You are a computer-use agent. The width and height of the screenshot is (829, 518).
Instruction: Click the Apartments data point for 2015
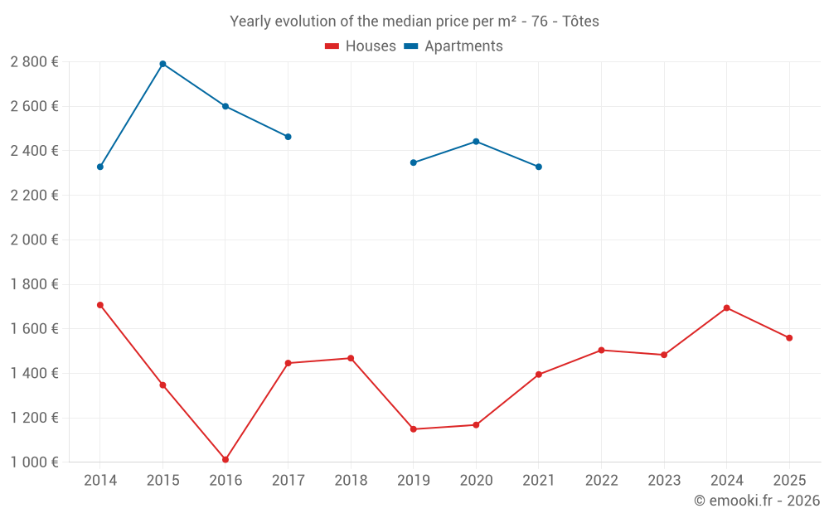point(162,64)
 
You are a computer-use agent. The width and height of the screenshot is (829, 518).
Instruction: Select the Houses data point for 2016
point(225,459)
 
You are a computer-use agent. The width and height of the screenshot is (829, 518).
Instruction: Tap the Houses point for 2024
point(726,307)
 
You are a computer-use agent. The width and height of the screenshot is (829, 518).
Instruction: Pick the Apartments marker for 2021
point(539,167)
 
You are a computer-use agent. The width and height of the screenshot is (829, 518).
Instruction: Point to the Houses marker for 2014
point(100,305)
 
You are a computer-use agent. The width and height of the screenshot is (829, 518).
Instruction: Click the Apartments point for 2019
point(414,162)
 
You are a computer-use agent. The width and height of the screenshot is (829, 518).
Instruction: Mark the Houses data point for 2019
point(414,429)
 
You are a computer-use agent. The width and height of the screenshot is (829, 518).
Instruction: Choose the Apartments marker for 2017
point(288,137)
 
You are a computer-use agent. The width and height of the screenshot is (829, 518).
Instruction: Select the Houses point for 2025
point(789,338)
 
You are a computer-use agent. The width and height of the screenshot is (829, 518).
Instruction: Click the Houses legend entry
point(361,46)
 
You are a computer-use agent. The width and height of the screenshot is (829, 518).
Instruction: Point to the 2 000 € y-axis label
point(34,240)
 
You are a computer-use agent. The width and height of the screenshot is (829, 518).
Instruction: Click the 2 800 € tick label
point(34,61)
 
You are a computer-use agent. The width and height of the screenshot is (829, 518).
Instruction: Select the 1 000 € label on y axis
point(34,462)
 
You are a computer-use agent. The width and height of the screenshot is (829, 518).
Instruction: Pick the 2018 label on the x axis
point(351,481)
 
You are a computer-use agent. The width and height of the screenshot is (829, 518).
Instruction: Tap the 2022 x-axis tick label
point(601,481)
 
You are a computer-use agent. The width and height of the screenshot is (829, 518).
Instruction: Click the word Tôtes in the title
point(580,22)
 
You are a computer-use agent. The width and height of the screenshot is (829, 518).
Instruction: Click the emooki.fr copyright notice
point(756,501)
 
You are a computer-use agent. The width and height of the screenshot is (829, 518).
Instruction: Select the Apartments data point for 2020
point(476,142)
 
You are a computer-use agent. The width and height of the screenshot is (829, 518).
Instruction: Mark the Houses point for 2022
point(601,350)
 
